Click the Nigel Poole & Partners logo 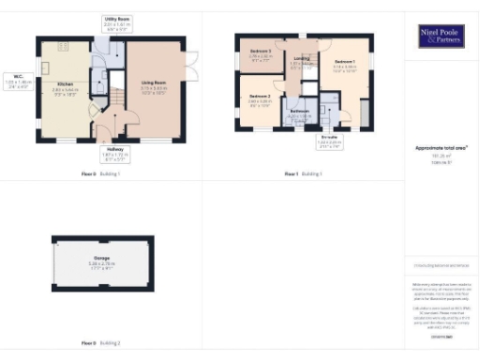[x=441, y=37]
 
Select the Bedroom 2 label [x=260, y=97]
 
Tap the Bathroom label [x=299, y=111]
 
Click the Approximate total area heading [x=441, y=148]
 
